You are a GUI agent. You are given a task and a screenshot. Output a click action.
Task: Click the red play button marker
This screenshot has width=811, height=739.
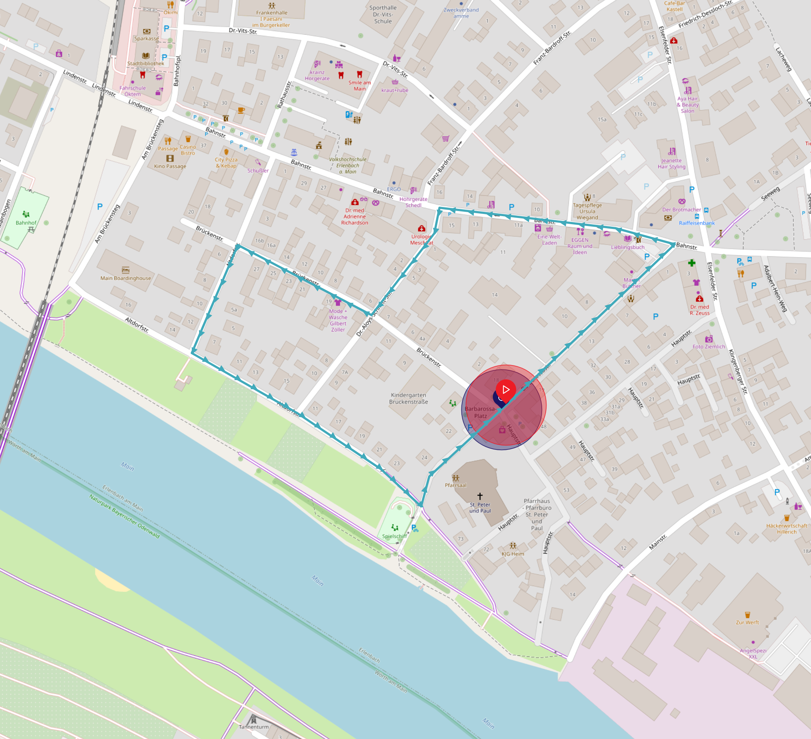506,389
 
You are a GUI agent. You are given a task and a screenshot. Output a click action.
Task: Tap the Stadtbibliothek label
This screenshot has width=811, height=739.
146,64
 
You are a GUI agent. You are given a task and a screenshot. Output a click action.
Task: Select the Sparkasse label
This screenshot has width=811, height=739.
146,39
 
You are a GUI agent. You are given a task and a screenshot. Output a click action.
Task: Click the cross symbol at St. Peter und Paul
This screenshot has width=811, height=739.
480,496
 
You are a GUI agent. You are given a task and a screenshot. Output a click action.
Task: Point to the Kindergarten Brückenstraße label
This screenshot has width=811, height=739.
408,398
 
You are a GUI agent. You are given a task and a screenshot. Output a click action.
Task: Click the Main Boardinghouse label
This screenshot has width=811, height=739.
126,278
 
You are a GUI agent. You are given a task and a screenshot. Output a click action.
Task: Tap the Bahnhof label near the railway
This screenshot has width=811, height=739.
26,223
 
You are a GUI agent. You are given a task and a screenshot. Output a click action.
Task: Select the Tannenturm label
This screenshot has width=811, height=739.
254,727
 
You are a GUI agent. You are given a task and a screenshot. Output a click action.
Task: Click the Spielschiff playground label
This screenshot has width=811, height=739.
394,536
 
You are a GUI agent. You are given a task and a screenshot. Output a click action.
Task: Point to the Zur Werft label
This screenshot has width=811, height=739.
747,623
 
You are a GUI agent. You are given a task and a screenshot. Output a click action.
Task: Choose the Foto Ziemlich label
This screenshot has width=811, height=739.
708,346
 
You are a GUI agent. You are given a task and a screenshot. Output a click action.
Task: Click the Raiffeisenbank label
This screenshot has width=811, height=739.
696,223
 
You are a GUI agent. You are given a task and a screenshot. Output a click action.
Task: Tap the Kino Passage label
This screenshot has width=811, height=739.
170,166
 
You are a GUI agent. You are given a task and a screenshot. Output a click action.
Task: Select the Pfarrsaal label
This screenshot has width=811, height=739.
456,485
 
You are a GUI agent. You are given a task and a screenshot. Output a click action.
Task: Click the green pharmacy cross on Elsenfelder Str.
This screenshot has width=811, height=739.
691,263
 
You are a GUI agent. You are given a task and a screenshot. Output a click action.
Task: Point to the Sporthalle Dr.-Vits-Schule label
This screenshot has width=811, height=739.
382,15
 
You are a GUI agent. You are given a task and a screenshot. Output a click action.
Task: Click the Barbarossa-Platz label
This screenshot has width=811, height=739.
480,412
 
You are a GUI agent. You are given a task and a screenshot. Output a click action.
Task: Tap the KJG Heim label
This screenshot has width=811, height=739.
513,554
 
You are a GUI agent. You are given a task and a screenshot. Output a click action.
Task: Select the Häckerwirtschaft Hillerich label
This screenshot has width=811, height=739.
787,528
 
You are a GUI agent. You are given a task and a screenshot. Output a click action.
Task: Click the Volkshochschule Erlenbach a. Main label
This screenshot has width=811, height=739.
347,165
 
